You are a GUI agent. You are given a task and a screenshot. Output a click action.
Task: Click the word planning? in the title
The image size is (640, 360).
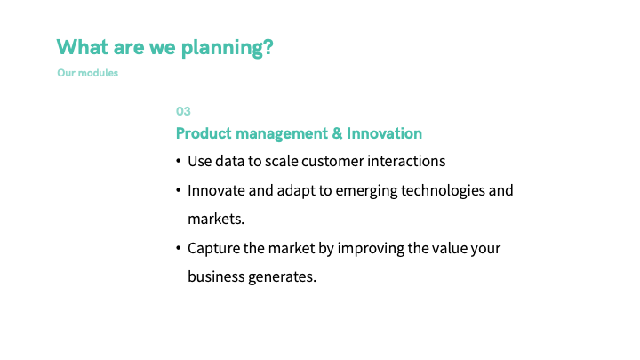[x=227, y=48]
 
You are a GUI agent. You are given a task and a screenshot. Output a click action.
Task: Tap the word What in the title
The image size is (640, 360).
[x=82, y=46]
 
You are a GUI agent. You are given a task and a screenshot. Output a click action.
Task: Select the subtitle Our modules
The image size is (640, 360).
[x=88, y=73]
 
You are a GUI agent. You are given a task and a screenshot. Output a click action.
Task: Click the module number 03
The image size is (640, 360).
[x=183, y=111]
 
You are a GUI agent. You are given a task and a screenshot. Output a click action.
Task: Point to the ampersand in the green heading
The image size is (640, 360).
[x=337, y=133]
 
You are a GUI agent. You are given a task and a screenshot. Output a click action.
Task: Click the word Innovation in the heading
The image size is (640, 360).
[x=384, y=133]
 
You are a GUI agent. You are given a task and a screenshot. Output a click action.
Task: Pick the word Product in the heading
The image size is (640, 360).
[x=204, y=133]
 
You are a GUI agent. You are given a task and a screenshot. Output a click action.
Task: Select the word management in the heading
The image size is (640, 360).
[x=282, y=134]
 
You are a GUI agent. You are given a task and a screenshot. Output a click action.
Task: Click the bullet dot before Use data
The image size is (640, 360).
[x=179, y=161]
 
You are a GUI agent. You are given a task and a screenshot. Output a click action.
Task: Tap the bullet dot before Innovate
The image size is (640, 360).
[x=179, y=190]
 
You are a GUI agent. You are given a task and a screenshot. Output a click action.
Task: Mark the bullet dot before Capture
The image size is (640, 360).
[x=179, y=248]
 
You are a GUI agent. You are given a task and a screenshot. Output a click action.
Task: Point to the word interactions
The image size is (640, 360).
[x=406, y=161]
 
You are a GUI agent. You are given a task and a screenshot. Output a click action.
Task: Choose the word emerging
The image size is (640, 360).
[x=366, y=191]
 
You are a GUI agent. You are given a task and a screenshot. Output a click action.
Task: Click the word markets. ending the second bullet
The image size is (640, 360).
[x=216, y=220]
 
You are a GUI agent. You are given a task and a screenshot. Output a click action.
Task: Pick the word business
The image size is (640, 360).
[x=216, y=276]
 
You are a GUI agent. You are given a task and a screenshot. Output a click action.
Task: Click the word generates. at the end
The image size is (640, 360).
[x=282, y=277]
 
